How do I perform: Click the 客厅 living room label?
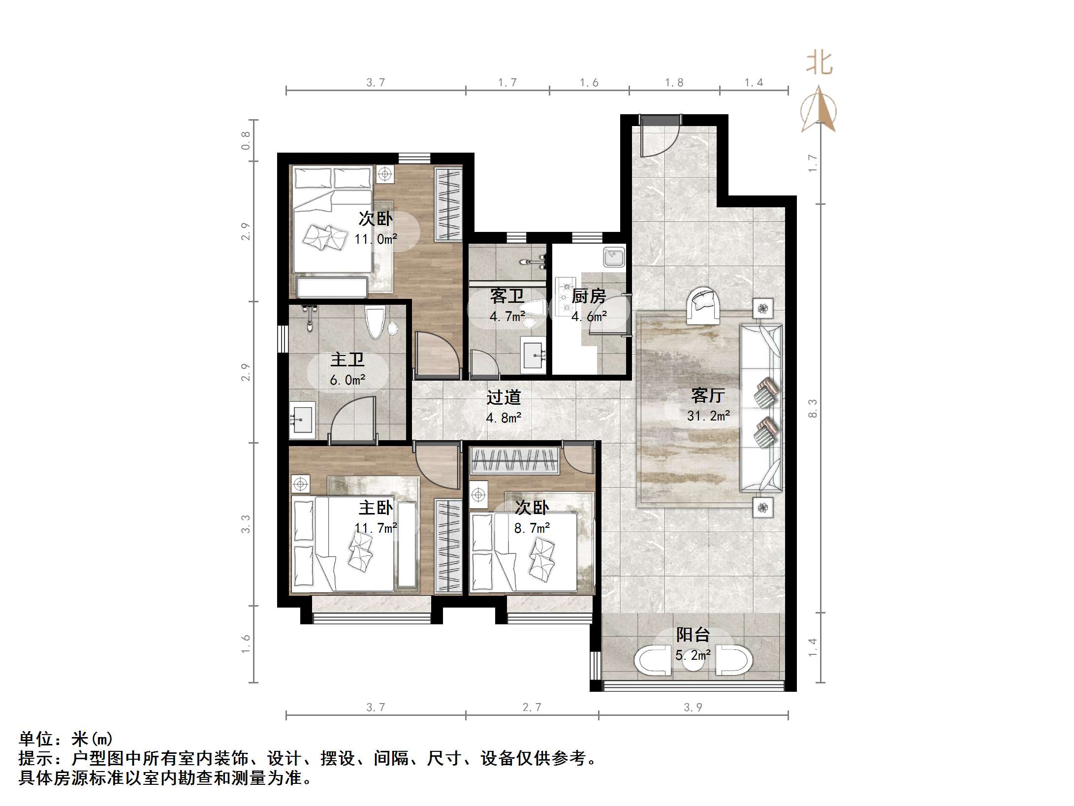[708, 395]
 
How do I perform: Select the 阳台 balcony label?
[693, 634]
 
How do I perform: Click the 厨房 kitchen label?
[589, 296]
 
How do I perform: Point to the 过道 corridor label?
[503, 397]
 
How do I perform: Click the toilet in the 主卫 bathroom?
[375, 322]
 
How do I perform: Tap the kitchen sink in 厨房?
[614, 257]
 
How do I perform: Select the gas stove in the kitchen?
[565, 296]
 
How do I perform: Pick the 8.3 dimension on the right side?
[813, 408]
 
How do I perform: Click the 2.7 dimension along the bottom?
[532, 708]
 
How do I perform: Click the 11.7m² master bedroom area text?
[376, 528]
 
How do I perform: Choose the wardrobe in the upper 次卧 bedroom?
[448, 204]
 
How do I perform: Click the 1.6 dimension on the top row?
[589, 83]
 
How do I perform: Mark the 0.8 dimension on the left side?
[246, 140]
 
